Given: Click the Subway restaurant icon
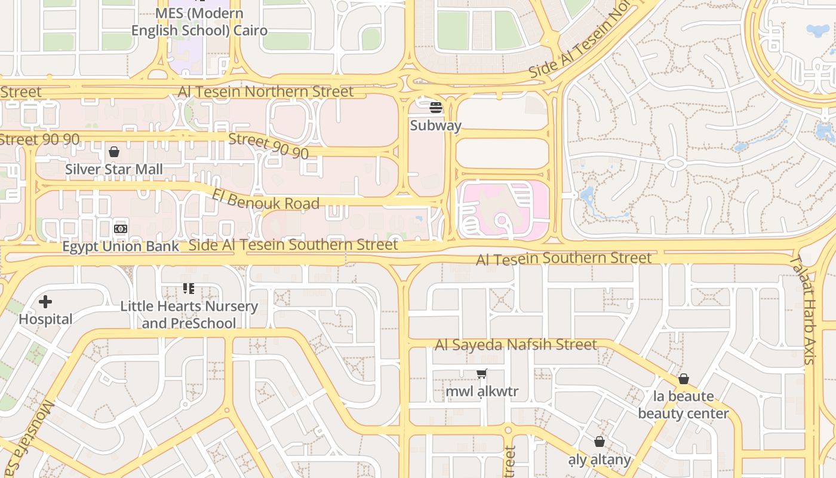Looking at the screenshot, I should (436, 108).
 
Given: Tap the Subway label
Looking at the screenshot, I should (436, 125).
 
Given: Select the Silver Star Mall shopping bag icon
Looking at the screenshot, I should (114, 152).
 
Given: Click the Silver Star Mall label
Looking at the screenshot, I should (113, 169).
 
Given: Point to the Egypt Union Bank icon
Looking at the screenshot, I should (121, 229).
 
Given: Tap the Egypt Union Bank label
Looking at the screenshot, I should (121, 246).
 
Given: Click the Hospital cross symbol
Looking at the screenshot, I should (45, 302).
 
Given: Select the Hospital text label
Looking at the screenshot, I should (45, 319).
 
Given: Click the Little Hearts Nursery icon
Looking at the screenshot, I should (189, 289).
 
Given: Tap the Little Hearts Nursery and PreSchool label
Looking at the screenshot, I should (189, 315).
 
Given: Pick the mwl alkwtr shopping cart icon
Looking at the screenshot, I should (482, 374).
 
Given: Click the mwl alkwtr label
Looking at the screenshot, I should (482, 392).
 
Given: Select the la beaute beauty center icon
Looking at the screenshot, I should (684, 379).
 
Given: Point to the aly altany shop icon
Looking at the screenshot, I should (600, 442).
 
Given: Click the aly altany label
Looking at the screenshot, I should (600, 459).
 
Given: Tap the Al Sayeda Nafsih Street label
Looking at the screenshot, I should (516, 345).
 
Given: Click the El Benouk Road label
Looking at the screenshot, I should (266, 199).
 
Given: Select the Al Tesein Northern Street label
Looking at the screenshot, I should (266, 91).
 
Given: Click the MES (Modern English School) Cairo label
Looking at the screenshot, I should (199, 22).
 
